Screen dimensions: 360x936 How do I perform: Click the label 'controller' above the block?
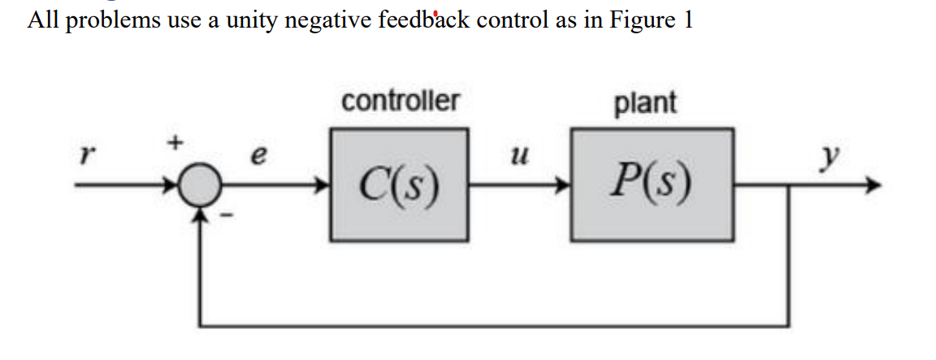pyautogui.click(x=400, y=102)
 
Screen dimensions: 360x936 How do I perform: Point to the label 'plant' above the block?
pyautogui.click(x=645, y=103)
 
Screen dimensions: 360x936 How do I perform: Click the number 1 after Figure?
pyautogui.click(x=688, y=20)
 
